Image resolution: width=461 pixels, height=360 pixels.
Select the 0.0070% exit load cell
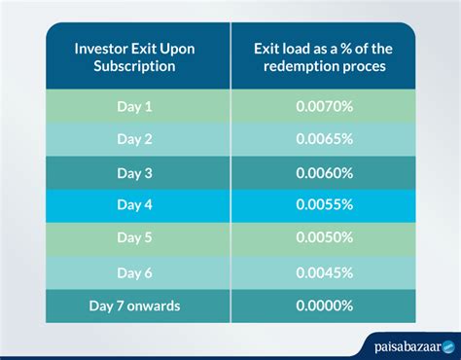pos(325,104)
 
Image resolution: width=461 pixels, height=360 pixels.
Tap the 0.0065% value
pos(325,138)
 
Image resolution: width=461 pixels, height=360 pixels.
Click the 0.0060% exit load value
pos(325,172)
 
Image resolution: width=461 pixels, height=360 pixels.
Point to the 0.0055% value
pos(325,205)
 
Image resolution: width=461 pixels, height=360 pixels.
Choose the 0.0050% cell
pos(325,238)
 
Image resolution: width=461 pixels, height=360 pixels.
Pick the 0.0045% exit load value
pos(325,272)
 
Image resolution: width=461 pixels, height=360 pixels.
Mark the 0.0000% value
pos(325,306)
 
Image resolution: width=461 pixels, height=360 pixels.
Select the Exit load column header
pos(325,58)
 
